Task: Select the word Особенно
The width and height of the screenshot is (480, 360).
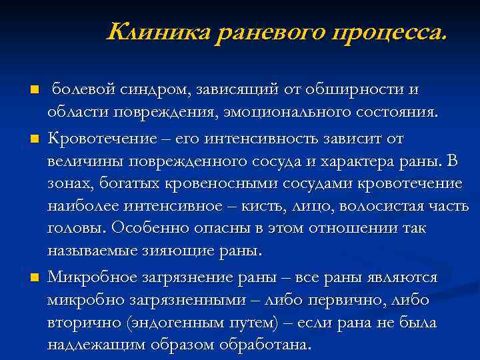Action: click(x=146, y=229)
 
